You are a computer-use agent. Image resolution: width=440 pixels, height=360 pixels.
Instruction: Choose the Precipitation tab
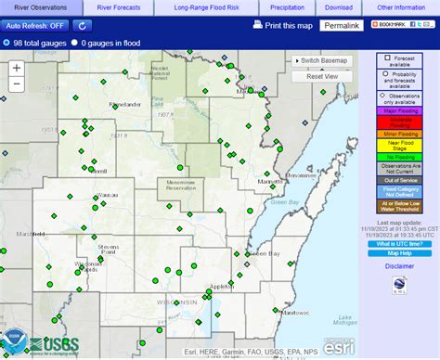click(x=286, y=7)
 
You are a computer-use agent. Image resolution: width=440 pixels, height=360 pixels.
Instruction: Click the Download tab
click(x=338, y=7)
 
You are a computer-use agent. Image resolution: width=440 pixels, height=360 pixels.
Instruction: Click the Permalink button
click(x=341, y=26)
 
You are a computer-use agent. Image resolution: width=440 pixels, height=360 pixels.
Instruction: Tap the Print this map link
click(x=281, y=26)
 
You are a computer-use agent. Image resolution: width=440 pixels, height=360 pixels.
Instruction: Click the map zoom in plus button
click(x=17, y=68)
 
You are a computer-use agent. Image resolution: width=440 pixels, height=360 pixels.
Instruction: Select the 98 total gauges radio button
click(x=7, y=43)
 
